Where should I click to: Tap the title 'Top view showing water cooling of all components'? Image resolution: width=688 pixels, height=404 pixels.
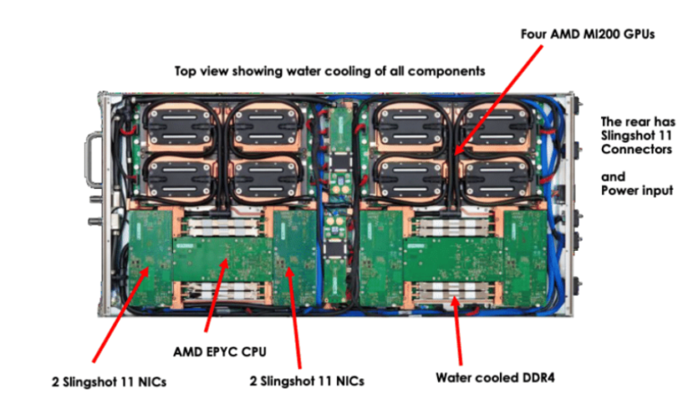(x=329, y=69)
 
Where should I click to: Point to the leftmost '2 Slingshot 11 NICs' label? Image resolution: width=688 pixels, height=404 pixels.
(x=108, y=382)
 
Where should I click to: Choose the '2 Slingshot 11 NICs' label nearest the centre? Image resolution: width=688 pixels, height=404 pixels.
(x=308, y=382)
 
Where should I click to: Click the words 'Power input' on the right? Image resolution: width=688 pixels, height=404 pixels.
(x=636, y=190)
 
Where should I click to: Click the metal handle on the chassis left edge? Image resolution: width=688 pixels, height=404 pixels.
(x=93, y=165)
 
